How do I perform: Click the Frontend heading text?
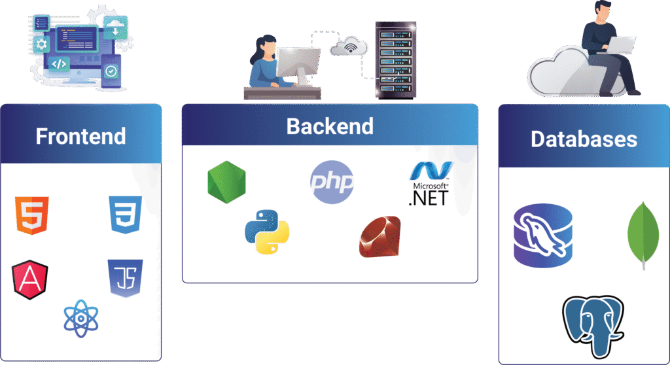click(x=80, y=136)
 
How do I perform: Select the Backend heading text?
click(x=330, y=126)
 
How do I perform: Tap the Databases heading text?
click(x=584, y=139)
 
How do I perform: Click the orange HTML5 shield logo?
click(x=32, y=215)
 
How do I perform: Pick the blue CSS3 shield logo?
click(x=125, y=215)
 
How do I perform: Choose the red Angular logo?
click(x=30, y=280)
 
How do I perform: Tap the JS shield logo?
click(x=125, y=278)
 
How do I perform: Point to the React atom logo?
click(x=80, y=319)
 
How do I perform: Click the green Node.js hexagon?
click(x=226, y=182)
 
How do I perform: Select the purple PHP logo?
click(x=332, y=182)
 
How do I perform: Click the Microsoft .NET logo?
click(x=430, y=184)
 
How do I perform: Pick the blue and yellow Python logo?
click(x=267, y=232)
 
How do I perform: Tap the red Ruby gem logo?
click(x=380, y=237)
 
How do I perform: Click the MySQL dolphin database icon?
click(x=543, y=235)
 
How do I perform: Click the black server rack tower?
click(x=396, y=60)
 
